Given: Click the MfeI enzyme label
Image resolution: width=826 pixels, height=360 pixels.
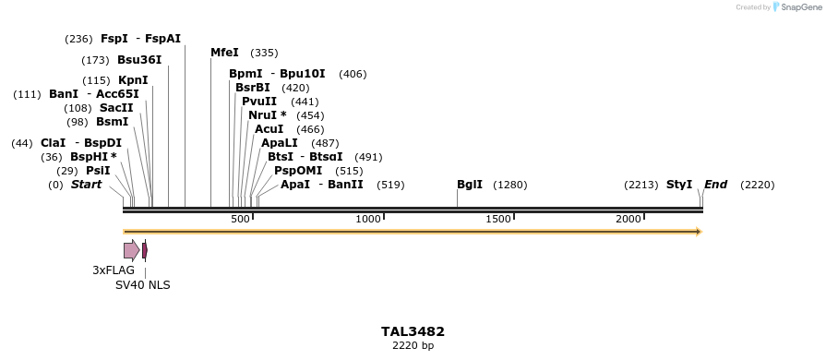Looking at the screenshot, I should coord(224,53).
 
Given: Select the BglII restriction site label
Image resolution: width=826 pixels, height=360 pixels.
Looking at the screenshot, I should coord(470,185).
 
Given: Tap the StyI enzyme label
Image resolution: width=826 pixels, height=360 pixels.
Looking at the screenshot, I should coord(679,185).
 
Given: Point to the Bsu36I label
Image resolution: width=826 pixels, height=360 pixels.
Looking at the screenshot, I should coord(139,60).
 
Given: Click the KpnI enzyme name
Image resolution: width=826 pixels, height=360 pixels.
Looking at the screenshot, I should coord(133,80).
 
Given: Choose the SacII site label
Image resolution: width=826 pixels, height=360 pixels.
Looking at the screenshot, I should coord(116,108).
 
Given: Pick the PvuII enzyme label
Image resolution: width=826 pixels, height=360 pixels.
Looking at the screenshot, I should coord(259,102).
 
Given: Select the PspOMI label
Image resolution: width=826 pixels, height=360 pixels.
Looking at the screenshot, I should coord(298,171).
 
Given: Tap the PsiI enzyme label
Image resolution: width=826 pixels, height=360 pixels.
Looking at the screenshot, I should coord(98,171).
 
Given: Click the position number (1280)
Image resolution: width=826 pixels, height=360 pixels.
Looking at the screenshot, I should coord(510,186).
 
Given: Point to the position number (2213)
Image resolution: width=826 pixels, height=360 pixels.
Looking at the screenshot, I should coord(640,186).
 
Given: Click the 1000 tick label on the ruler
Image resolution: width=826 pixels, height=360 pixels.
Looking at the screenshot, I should coord(368,219).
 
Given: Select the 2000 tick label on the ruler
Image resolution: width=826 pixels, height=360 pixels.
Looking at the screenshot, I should coord(628,219).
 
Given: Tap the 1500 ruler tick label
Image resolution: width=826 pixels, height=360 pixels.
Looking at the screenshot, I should coord(498,219).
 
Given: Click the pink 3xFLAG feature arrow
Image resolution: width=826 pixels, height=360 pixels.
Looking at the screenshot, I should coord(131,250).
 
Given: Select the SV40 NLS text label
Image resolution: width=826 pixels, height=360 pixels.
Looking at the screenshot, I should coord(143,285).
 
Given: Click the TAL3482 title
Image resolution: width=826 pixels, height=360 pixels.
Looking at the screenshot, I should coord(413,331).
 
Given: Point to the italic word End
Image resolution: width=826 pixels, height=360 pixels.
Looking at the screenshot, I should coord(716,185).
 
